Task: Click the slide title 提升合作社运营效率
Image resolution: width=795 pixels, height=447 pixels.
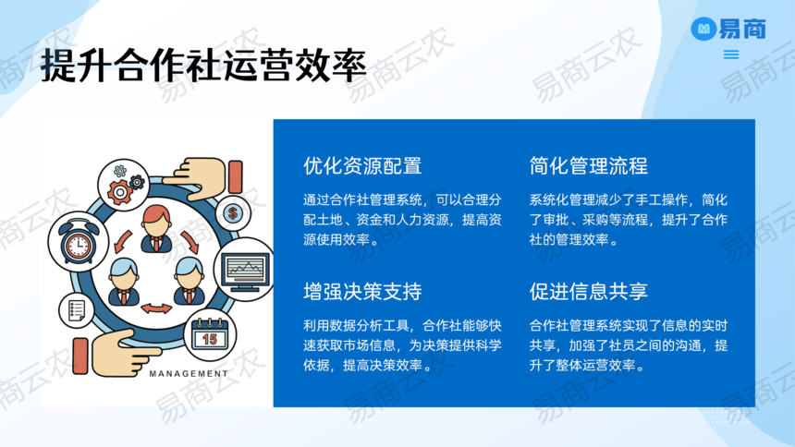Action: click(x=203, y=65)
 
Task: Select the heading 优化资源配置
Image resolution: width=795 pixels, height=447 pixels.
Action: click(x=362, y=165)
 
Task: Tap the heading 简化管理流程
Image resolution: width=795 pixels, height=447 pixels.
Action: click(x=589, y=165)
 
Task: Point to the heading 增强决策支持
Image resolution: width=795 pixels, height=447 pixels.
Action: click(x=362, y=292)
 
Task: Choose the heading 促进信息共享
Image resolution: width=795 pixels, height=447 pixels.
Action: click(x=589, y=292)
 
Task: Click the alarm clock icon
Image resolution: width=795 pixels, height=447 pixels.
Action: click(x=78, y=242)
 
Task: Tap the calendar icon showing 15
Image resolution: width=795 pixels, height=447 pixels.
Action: click(x=210, y=334)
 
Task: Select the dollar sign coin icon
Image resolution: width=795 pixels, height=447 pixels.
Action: click(x=233, y=213)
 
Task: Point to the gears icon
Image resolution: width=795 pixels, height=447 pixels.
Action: click(x=125, y=184)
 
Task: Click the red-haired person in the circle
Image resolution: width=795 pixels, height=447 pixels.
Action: click(x=156, y=229)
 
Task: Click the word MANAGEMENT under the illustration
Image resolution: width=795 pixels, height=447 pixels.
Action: click(x=189, y=373)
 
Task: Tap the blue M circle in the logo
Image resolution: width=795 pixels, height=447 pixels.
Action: click(x=703, y=29)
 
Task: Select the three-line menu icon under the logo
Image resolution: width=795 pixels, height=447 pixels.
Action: click(x=731, y=54)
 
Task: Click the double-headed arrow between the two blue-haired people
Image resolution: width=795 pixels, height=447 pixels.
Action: click(x=156, y=308)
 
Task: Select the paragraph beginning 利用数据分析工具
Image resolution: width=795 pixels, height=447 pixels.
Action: click(x=402, y=345)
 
